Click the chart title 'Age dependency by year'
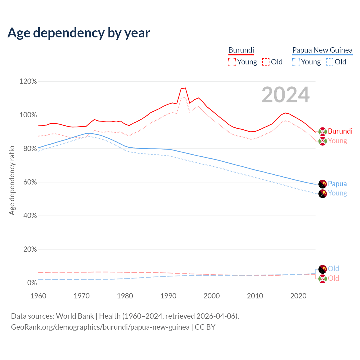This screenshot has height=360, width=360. (x=79, y=33)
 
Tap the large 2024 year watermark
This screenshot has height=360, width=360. (x=285, y=95)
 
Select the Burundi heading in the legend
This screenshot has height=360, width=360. (x=241, y=50)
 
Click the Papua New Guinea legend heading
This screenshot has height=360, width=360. (x=322, y=50)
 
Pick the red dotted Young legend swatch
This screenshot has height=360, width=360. (x=232, y=62)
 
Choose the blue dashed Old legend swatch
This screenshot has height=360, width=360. (x=330, y=62)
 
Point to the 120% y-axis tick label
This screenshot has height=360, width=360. (x=28, y=82)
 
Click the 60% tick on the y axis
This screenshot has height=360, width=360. (x=30, y=182)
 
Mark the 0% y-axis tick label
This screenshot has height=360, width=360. (x=32, y=283)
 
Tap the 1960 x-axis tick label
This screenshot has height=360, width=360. (x=38, y=296)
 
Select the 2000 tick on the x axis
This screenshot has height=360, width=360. (x=211, y=296)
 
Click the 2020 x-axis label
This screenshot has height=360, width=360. (x=298, y=296)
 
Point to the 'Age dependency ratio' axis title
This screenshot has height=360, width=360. (x=12, y=180)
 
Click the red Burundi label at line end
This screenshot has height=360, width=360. (x=340, y=131)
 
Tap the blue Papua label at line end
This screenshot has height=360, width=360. (x=337, y=184)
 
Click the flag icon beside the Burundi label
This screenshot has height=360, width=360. (x=323, y=131)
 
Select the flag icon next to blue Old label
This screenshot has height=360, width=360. (x=323, y=269)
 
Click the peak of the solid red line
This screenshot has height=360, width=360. (x=185, y=88)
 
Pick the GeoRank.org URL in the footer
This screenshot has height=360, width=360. (x=100, y=327)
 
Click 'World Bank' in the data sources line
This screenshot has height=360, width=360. (x=75, y=316)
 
